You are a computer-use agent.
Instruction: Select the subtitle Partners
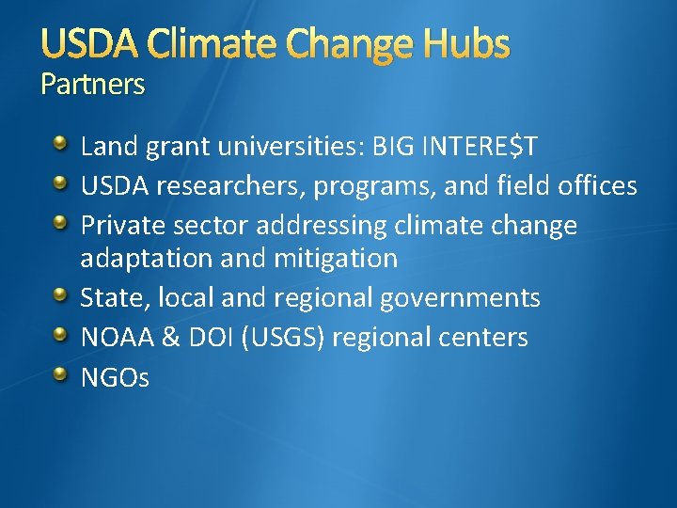coord(93,86)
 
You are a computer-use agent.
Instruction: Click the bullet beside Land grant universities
coord(60,145)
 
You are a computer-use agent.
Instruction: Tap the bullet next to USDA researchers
coord(60,184)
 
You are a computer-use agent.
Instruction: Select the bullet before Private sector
coord(60,224)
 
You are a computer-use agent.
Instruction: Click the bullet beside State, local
coord(60,296)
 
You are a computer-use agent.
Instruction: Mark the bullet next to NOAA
coord(60,335)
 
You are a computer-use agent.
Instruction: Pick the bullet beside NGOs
coord(60,375)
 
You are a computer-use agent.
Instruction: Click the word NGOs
coord(115,377)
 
